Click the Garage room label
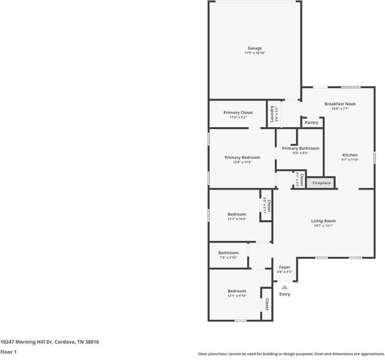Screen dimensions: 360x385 [x=255, y=48]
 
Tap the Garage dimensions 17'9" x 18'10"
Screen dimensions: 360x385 [x=255, y=53]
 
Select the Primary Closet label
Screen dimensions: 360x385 [x=238, y=113]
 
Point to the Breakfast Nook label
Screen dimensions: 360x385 [x=340, y=104]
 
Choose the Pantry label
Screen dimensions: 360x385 [x=311, y=123]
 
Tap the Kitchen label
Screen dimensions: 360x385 [x=350, y=155]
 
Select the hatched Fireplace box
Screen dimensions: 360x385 [x=321, y=182]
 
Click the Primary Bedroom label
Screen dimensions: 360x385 [x=242, y=157]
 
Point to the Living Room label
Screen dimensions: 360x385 [x=323, y=221]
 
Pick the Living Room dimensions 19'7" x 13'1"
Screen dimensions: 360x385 [x=323, y=226]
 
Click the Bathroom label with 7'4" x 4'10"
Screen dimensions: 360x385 [x=228, y=253]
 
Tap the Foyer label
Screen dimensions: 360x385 [x=284, y=267]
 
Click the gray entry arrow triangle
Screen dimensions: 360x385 [x=284, y=287]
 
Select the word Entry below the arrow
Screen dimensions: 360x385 [x=284, y=294]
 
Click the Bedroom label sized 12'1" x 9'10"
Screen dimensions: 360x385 [x=237, y=291]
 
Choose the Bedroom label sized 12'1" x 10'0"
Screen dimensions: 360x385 [x=237, y=214]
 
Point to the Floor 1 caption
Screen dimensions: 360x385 [x=8, y=352]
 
